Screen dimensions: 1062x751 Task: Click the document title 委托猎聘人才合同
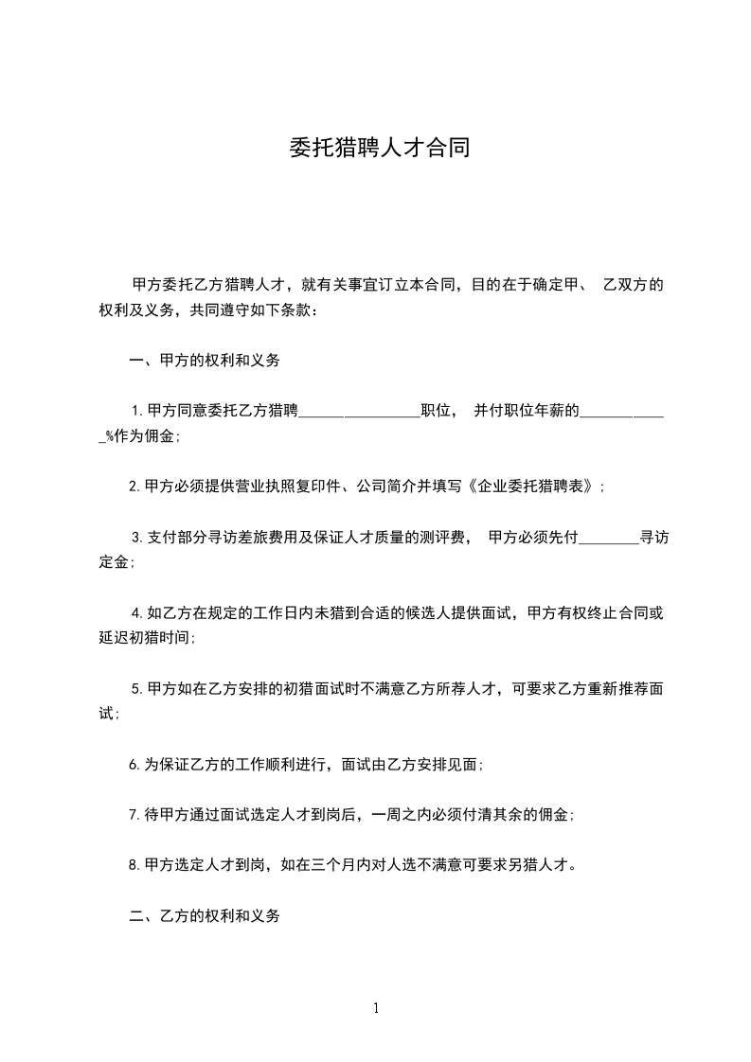(379, 149)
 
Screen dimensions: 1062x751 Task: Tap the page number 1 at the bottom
(376, 1008)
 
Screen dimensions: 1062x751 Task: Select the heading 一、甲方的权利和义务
(204, 360)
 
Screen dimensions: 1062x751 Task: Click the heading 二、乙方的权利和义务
(204, 916)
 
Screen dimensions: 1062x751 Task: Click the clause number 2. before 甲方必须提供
(135, 487)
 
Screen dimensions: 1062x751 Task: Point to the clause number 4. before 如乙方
(138, 613)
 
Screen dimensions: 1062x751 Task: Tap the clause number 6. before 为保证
(135, 763)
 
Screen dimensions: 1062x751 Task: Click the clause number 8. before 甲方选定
(135, 864)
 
